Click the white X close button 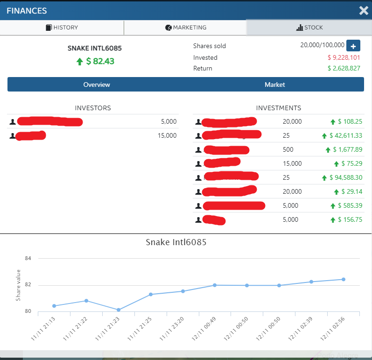[364, 10]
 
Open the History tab [62, 28]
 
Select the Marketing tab [186, 28]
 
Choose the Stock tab [309, 28]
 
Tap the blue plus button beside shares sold [353, 46]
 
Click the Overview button [97, 85]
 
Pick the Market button [274, 85]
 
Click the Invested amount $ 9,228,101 [344, 57]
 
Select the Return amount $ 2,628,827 [344, 68]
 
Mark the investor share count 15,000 [168, 135]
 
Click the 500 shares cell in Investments [288, 149]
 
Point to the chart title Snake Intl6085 [176, 242]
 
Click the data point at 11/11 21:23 [119, 310]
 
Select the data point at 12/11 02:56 [343, 279]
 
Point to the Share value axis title [18, 285]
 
